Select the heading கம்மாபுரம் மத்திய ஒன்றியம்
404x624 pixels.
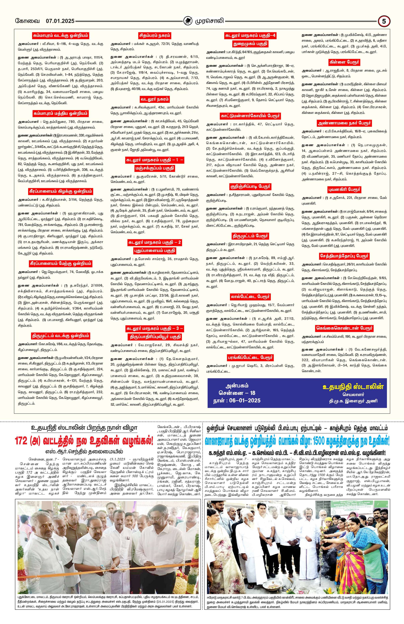coord(61,113)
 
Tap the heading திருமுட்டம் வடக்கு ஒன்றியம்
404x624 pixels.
coord(61,336)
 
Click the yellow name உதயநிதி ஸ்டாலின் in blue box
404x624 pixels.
coord(353,387)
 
